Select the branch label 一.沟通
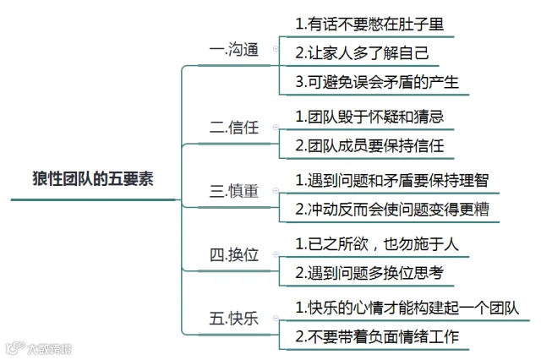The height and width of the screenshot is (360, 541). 233,49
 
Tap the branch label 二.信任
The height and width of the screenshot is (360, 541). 233,128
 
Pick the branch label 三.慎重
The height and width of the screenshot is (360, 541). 233,190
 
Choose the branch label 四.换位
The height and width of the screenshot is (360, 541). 233,254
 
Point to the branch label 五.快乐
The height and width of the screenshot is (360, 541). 233,319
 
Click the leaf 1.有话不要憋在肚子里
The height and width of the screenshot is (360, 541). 369,24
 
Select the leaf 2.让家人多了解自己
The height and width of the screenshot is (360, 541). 362,52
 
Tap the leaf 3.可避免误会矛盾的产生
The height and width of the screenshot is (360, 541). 376,82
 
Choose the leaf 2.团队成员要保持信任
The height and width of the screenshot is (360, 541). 369,145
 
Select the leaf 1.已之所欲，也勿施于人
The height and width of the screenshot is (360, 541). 376,244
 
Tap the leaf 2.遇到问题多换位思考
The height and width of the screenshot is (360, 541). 369,272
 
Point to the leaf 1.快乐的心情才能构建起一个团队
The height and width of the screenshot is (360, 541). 406,307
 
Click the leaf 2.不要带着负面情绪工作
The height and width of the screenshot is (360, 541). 376,335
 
